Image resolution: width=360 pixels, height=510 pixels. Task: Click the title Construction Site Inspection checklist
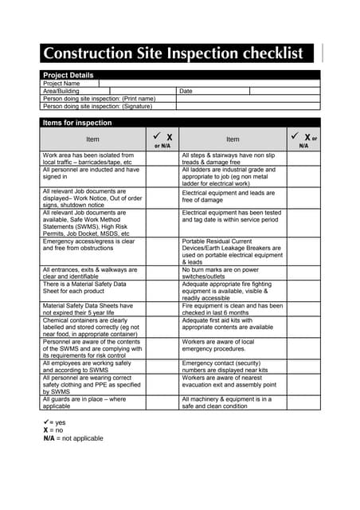[173, 54]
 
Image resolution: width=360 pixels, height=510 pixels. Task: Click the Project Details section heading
[68, 75]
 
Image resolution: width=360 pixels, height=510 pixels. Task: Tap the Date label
[186, 91]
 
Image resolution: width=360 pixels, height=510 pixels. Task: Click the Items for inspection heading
[77, 123]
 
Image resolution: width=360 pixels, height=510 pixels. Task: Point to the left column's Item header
[92, 139]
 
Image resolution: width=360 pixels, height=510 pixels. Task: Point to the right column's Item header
[232, 139]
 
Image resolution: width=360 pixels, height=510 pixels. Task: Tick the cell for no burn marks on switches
[303, 273]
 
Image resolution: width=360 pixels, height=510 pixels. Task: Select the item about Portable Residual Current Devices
[232, 251]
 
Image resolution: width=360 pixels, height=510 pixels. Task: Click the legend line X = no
[54, 430]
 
